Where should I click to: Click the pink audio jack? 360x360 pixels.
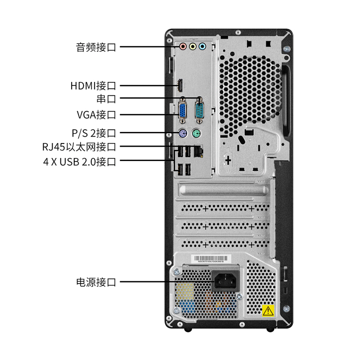[x=183, y=46]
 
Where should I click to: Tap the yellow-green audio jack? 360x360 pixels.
[x=193, y=46]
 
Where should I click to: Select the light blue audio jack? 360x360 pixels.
[x=202, y=46]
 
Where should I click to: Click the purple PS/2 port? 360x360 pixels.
[x=181, y=133]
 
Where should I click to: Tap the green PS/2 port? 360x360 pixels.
[x=197, y=133]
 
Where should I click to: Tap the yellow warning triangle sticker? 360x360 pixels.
[x=268, y=310]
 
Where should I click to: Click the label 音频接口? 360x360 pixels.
[x=96, y=47]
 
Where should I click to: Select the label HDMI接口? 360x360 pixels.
[x=93, y=85]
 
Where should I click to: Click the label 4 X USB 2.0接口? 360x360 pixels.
[x=80, y=162]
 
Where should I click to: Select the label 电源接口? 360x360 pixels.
[x=96, y=283]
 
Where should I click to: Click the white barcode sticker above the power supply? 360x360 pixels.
[x=211, y=260]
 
